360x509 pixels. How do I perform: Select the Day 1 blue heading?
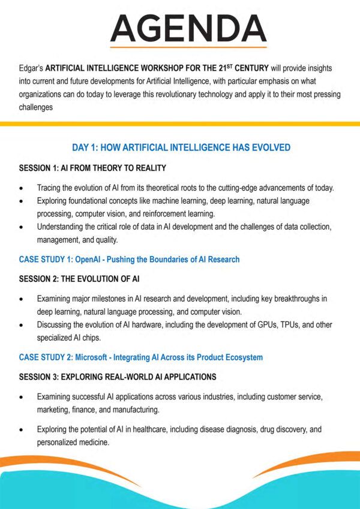[181, 147]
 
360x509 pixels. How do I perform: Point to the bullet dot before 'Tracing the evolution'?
[22, 188]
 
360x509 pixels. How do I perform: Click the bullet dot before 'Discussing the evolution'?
[22, 324]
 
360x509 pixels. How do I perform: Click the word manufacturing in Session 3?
[144, 409]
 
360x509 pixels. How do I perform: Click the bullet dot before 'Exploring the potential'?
[22, 430]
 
